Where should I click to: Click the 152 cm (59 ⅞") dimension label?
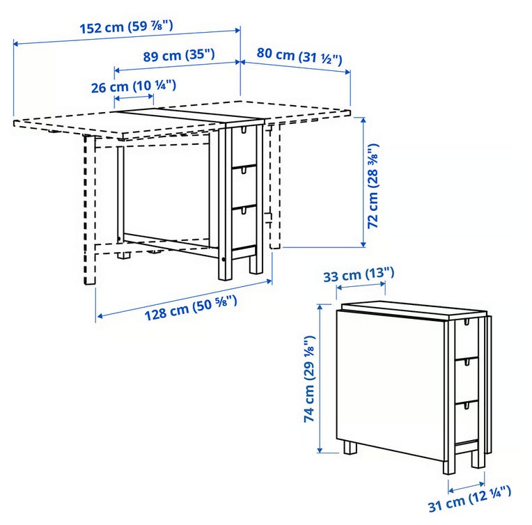click(x=126, y=26)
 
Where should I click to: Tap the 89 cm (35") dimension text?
click(x=179, y=55)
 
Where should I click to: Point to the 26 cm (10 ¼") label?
click(x=134, y=86)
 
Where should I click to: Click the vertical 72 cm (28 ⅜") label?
click(x=373, y=187)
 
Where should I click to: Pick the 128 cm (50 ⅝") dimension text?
click(x=191, y=307)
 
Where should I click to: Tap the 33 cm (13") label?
click(x=359, y=274)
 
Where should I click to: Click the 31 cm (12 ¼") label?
click(x=469, y=498)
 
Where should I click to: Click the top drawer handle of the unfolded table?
click(x=244, y=130)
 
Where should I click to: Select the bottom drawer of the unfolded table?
click(x=244, y=226)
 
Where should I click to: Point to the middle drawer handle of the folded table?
click(x=467, y=363)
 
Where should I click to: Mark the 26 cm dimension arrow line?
click(x=134, y=97)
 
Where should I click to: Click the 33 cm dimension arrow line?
click(x=361, y=285)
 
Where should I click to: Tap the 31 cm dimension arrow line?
click(x=467, y=487)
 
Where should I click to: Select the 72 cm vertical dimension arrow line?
click(x=363, y=182)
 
